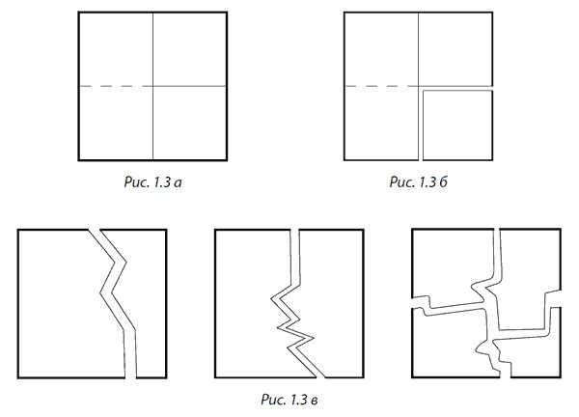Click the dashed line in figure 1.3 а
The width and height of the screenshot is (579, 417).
click(117, 86)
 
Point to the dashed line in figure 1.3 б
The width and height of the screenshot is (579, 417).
click(381, 86)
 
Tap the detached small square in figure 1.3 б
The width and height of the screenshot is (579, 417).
click(457, 125)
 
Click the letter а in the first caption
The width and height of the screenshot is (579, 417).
click(178, 182)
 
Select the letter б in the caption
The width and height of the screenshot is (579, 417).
click(443, 181)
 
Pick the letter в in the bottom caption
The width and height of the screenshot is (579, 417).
click(314, 400)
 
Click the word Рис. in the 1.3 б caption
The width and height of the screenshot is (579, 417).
click(402, 181)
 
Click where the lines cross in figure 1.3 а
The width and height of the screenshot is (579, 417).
click(152, 86)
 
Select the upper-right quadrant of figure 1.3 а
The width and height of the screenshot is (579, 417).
click(190, 49)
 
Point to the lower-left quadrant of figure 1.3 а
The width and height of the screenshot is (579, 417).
click(116, 124)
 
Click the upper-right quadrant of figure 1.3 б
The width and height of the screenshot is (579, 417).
click(455, 49)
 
